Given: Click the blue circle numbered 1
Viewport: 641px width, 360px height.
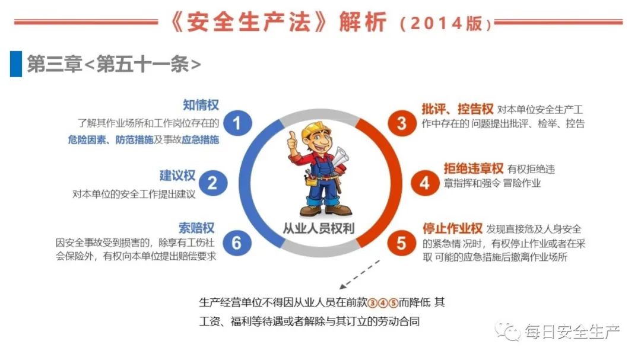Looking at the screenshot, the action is coord(237,123).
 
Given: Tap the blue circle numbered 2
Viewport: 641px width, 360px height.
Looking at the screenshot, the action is coord(212,183).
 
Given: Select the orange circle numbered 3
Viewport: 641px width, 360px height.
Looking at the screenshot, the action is coord(401,123).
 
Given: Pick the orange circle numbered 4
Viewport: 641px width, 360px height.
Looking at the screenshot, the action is coord(425,183).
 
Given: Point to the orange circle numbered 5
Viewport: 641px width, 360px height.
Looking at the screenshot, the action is coord(401,243).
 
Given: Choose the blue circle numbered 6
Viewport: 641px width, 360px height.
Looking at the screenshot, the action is coord(237,243).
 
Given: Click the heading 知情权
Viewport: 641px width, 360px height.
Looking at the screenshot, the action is coord(201,105).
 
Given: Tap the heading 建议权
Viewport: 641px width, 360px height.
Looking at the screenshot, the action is coord(177,176).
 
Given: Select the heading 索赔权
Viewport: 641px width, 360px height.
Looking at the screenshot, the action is coord(196,228).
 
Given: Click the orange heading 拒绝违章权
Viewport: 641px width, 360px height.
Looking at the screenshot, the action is coord(474,168).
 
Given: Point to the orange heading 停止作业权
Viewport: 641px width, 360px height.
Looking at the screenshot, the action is coord(452,228).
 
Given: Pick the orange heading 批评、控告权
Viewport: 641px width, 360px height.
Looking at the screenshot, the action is coord(458,109).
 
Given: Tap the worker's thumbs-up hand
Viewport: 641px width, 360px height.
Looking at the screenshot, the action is coord(292,142).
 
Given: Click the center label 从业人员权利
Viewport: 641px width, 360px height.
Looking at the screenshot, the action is coord(319,228).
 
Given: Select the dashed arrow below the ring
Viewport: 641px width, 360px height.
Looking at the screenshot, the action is coord(359,275).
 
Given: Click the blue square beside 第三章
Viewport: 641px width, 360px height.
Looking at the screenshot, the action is coord(16,63).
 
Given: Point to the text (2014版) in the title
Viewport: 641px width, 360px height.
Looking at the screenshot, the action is coord(446,23).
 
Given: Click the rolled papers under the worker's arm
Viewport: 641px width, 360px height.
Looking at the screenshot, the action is coord(340,158).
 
